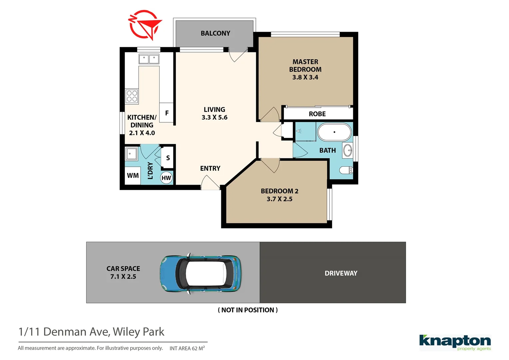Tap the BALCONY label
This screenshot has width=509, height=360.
[x=215, y=33]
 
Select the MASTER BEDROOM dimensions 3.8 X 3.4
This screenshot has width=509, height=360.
[x=305, y=77]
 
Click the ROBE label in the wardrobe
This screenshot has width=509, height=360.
[x=317, y=114]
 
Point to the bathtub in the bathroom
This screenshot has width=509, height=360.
[x=334, y=132]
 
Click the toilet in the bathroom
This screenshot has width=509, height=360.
[x=346, y=170]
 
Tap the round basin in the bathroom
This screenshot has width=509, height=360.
[x=348, y=150]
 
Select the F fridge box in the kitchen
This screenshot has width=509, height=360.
[x=167, y=113]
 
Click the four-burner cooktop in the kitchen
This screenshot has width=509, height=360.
[x=132, y=96]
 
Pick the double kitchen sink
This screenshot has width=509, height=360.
[x=149, y=59]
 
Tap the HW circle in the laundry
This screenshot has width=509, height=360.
[x=166, y=178]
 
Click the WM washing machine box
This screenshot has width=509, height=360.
[x=133, y=175]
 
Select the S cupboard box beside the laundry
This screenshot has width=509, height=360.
[x=168, y=158]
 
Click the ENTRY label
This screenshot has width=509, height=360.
[x=210, y=168]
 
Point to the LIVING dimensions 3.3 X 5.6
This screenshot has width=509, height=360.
[x=215, y=117]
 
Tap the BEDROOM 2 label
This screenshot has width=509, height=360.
[x=279, y=191]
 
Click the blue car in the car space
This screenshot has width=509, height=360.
[x=201, y=274]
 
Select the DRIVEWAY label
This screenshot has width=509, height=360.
[x=341, y=273]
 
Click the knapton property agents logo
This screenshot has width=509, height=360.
[x=455, y=342]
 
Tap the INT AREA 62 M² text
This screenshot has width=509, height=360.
[x=187, y=348]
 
